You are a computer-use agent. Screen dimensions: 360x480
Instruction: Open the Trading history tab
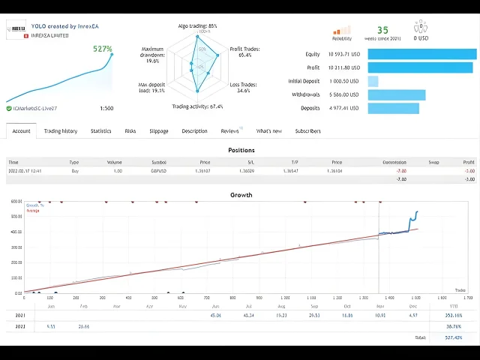coord(60,131)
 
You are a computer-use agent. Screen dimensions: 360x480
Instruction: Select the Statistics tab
coord(100,131)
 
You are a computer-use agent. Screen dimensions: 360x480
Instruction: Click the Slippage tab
coord(159,131)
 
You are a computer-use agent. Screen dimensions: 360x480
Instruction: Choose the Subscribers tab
coord(307,131)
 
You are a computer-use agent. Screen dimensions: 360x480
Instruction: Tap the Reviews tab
coord(229,131)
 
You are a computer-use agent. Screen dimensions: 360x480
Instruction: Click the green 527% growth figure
coord(103,49)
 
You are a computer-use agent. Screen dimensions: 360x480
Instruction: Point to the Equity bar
coord(422,54)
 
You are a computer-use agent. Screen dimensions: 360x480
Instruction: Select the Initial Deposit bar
coord(373,81)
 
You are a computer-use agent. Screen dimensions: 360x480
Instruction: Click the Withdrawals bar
coord(397,94)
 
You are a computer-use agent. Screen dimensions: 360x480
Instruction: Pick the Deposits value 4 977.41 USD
coord(343,109)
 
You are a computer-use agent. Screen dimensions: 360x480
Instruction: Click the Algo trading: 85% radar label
coord(198,26)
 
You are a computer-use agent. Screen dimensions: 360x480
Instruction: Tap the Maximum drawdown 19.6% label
coord(152,55)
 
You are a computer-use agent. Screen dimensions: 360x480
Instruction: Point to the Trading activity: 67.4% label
coord(197,106)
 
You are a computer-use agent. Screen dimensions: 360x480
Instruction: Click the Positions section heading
coord(241,150)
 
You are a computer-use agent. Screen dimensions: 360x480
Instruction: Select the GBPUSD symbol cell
coord(159,171)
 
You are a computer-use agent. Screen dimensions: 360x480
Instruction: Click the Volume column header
coord(114,161)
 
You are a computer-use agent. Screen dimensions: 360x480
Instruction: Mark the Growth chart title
coord(241,195)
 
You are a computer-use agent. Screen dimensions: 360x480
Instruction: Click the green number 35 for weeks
coord(382,31)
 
